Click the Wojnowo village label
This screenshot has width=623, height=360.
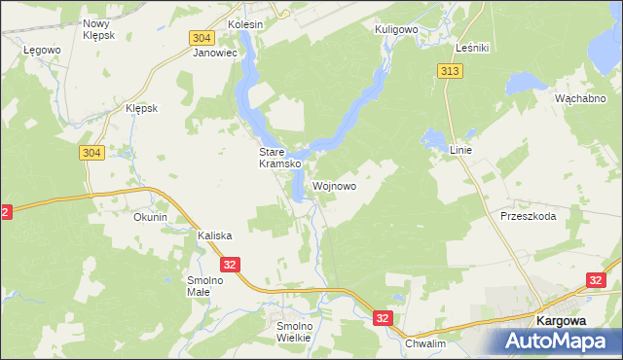335,185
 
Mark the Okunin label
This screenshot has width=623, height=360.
151,217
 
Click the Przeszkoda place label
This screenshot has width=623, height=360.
528,216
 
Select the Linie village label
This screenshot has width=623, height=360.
460,151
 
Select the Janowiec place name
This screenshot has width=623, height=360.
215,54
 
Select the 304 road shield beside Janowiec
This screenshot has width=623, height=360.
202,37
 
